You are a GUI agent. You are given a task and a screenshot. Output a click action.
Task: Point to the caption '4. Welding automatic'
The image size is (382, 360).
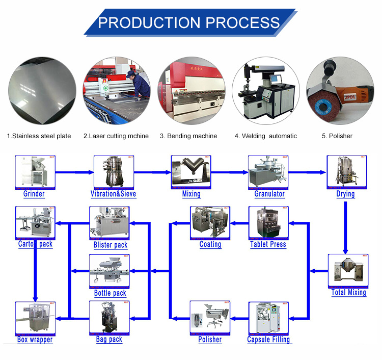coord(265,136)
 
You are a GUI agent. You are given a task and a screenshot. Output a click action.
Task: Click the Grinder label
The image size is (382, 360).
coord(34,194)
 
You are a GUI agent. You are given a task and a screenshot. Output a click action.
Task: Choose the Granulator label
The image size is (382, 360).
coord(269,194)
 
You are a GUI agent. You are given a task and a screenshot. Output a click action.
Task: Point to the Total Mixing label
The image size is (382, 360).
coord(349,292)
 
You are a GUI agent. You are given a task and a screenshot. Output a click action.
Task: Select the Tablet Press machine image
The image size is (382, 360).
coord(268,222)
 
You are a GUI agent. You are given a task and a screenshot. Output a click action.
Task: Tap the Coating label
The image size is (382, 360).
coord(210,244)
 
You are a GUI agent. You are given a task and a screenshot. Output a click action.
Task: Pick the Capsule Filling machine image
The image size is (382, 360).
coord(268,318)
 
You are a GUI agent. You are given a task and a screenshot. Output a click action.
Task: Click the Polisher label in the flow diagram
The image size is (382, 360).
coord(210,340)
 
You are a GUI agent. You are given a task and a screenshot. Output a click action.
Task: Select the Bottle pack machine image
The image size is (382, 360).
coord(110,271)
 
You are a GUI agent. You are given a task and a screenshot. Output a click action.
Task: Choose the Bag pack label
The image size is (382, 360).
coord(110,340)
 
